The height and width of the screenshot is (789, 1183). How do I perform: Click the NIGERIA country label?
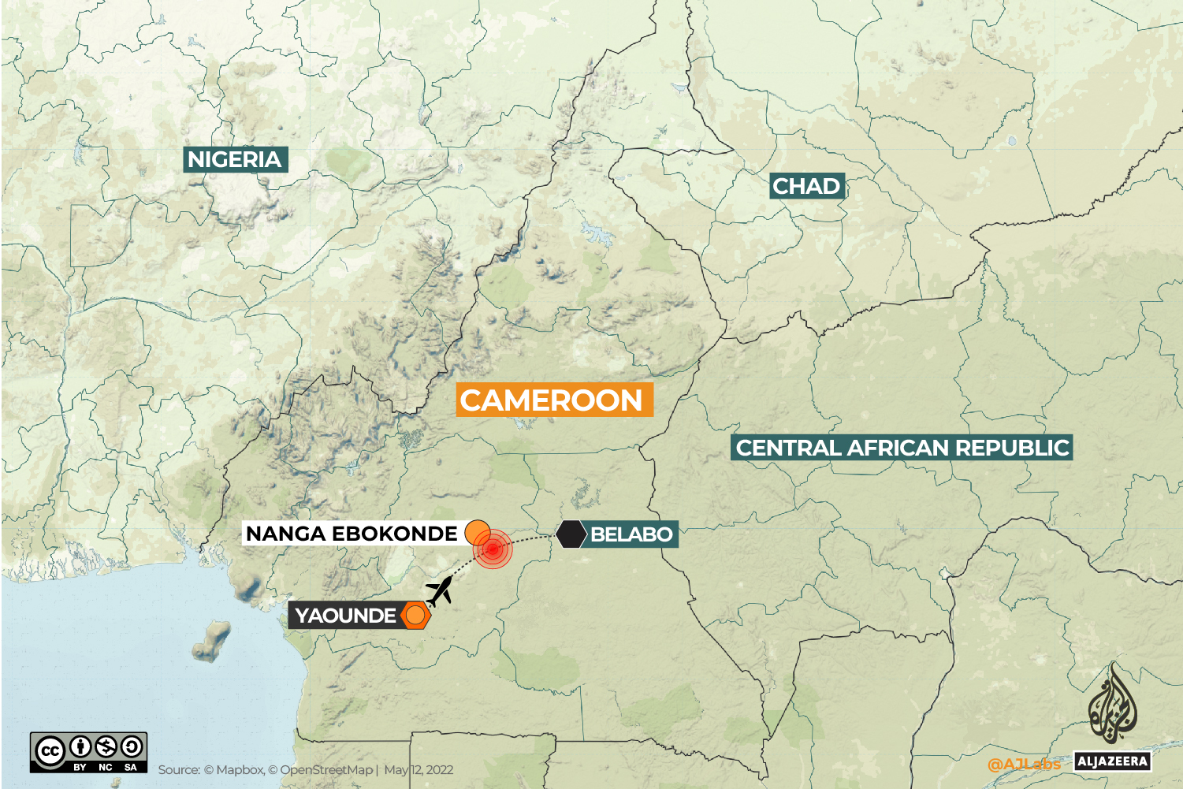point(235,159)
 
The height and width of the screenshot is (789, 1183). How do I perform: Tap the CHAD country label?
point(806,186)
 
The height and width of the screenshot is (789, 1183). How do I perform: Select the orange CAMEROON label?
point(552,400)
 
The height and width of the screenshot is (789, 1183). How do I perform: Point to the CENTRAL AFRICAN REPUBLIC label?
point(902,448)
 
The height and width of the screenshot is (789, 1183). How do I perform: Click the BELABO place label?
point(631,534)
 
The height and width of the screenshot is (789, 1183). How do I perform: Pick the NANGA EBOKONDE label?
point(352,534)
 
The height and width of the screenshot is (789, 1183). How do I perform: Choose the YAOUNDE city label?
point(345,615)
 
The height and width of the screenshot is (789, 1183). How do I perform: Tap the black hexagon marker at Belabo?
point(571,534)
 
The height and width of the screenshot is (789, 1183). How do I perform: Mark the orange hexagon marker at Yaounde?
point(415,615)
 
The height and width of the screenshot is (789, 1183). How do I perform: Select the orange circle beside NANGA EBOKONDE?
point(478,533)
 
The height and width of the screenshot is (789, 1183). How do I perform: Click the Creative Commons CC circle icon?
point(49,750)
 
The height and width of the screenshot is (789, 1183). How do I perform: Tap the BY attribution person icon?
point(80,746)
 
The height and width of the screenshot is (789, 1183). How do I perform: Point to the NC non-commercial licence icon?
point(106,746)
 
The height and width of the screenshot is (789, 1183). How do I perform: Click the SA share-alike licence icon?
point(131,746)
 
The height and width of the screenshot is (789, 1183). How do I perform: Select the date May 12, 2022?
point(419,770)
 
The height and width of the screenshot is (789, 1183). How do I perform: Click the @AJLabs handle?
point(1024,764)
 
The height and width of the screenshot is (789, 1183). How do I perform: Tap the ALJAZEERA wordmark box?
point(1112,761)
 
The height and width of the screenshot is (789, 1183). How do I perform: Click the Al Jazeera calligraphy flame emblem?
point(1113,703)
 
